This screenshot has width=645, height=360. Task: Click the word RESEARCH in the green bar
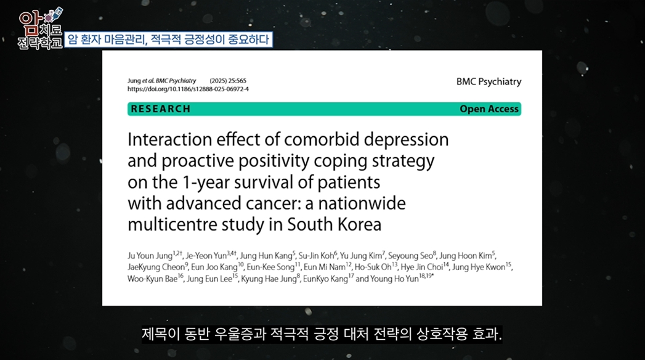160,109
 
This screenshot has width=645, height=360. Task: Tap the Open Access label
489,109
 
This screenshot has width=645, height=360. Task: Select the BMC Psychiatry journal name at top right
489,82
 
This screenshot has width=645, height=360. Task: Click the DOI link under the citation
188,89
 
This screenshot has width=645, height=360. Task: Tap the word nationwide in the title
362,203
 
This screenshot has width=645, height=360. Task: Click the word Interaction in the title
169,139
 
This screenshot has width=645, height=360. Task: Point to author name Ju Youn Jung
150,256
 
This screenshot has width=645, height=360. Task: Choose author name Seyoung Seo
410,256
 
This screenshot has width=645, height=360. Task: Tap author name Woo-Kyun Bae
152,279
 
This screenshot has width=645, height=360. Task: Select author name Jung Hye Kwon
479,268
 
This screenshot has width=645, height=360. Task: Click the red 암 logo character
30,21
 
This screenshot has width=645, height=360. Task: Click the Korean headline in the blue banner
168,39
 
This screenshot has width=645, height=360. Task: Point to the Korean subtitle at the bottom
322,333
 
